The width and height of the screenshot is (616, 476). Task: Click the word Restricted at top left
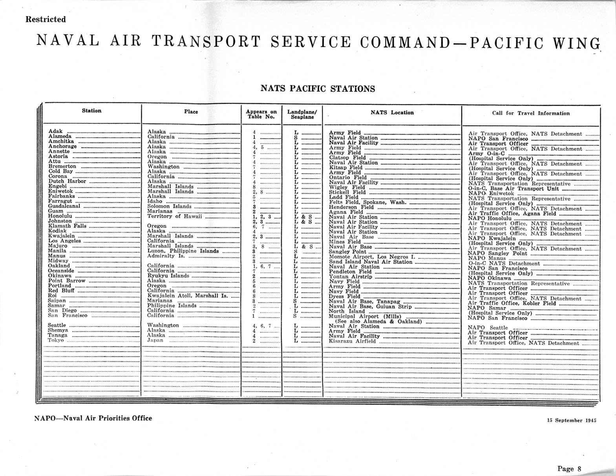pyautogui.click(x=46, y=19)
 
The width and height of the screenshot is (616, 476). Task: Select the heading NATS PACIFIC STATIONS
pyautogui.click(x=318, y=89)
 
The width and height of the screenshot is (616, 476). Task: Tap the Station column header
pyautogui.click(x=91, y=111)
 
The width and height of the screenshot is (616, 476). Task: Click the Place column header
pyautogui.click(x=191, y=112)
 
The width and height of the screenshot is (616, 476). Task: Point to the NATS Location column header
pyautogui.click(x=392, y=113)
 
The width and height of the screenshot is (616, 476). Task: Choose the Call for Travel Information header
pyautogui.click(x=531, y=113)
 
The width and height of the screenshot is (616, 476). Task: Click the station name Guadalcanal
pyautogui.click(x=64, y=206)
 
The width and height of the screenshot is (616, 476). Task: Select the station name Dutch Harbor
pyautogui.click(x=67, y=181)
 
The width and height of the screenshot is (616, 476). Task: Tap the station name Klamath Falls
pyautogui.click(x=67, y=226)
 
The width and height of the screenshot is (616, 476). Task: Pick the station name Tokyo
pyautogui.click(x=56, y=340)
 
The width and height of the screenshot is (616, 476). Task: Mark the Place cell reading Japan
pyautogui.click(x=155, y=341)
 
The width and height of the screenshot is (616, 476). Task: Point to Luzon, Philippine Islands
pyautogui.click(x=183, y=251)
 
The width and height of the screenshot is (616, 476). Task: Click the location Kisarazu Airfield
pyautogui.click(x=352, y=341)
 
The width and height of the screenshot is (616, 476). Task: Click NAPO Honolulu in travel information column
pyautogui.click(x=490, y=218)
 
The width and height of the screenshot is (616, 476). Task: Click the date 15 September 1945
pyautogui.click(x=572, y=420)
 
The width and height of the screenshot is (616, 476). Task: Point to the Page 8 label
pyautogui.click(x=569, y=469)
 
